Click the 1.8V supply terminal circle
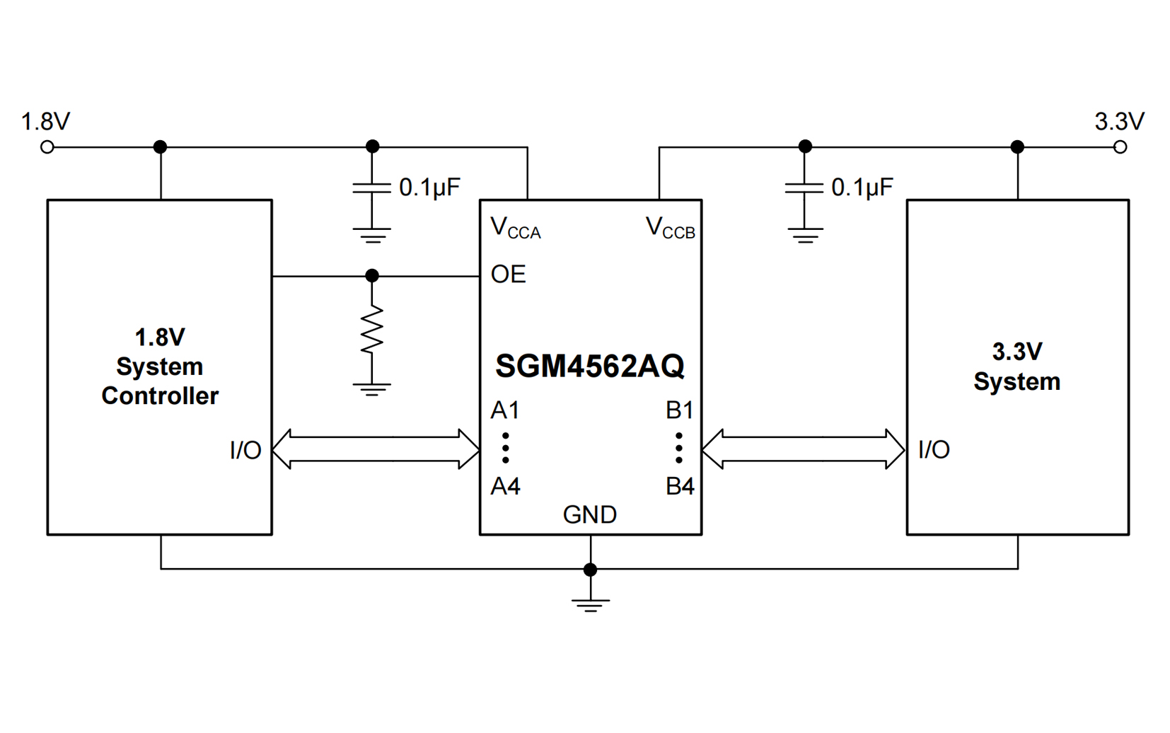47,147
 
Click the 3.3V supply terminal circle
1120,147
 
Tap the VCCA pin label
515,229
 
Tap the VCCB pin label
670,229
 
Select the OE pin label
508,275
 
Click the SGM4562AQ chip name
590,366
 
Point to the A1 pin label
505,410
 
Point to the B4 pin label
680,487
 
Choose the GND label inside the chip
590,515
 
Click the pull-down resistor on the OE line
372,329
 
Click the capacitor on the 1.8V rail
372,188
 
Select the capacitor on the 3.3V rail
804,188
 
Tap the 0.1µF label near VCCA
429,187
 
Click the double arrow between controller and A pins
376,449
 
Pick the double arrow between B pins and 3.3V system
804,449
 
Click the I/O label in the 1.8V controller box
245,451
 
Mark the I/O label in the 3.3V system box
934,450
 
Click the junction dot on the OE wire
372,276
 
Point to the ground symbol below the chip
590,604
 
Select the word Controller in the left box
160,396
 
